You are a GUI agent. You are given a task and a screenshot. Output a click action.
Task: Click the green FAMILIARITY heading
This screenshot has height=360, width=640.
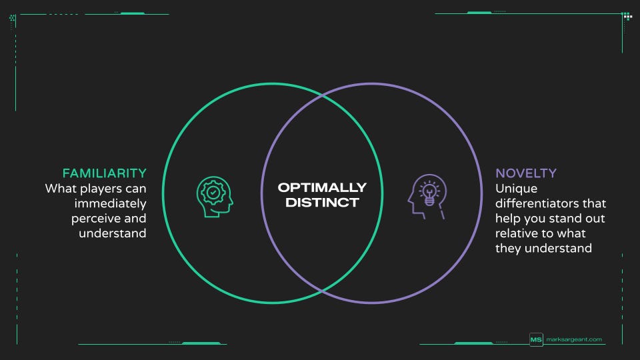coord(104,173)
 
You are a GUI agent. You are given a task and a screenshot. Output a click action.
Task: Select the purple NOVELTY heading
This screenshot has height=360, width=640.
coord(526,173)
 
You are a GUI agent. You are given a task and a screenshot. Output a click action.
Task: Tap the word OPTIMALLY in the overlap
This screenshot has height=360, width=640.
coord(322,187)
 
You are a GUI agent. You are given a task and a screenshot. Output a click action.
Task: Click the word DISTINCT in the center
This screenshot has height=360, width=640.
coord(322,202)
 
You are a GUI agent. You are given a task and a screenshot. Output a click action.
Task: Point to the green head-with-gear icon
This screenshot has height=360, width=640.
coord(215,195)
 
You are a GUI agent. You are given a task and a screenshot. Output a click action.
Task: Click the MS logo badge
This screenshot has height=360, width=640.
coord(536,340)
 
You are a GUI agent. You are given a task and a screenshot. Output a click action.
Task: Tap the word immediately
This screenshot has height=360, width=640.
coord(111,203)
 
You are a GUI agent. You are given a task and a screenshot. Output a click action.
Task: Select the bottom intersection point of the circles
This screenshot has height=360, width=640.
coord(322,290)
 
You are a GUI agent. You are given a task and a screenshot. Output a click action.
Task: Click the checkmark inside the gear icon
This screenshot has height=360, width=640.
coord(213,192)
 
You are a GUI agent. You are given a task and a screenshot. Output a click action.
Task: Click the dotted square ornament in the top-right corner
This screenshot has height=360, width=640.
coord(627,16)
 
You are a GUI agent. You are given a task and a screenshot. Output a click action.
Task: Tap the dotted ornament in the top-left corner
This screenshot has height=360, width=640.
coord(13,19)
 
